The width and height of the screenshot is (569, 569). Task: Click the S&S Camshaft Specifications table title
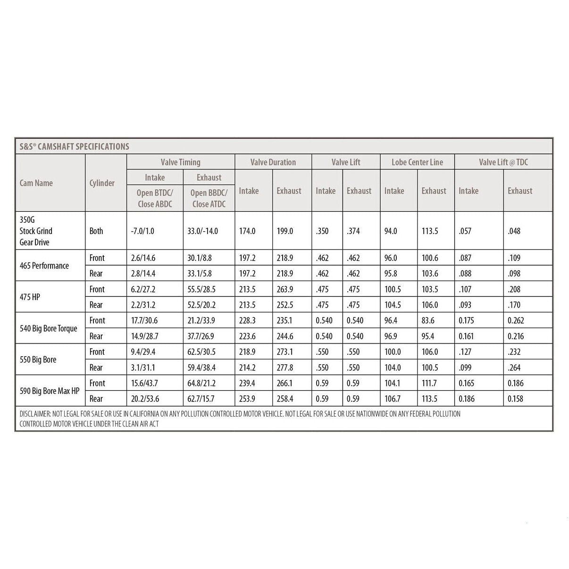pyautogui.click(x=74, y=146)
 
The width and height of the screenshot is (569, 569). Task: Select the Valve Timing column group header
pyautogui.click(x=180, y=162)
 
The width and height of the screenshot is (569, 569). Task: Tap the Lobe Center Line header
pyautogui.click(x=417, y=162)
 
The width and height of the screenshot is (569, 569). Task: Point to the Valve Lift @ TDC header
pyautogui.click(x=503, y=162)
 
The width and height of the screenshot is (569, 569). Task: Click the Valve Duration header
pyautogui.click(x=273, y=162)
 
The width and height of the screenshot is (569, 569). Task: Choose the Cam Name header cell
pyautogui.click(x=36, y=183)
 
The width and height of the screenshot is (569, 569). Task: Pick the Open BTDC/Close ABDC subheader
pyautogui.click(x=155, y=198)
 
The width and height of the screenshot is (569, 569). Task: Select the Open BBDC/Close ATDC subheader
pyautogui.click(x=209, y=198)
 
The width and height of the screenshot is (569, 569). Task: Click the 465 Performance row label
pyautogui.click(x=44, y=266)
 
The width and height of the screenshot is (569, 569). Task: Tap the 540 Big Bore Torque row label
pyautogui.click(x=48, y=328)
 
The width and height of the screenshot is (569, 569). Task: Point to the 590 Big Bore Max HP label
pyautogui.click(x=49, y=391)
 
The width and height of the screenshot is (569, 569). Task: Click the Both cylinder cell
pyautogui.click(x=96, y=231)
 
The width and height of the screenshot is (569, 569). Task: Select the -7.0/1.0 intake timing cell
pyautogui.click(x=142, y=231)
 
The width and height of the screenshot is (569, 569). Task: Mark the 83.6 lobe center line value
pyautogui.click(x=428, y=320)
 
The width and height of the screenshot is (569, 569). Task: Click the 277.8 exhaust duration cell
pyautogui.click(x=284, y=368)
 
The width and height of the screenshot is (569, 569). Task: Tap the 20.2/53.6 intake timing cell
pyautogui.click(x=145, y=399)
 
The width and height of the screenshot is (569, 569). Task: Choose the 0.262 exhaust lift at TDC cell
pyautogui.click(x=515, y=320)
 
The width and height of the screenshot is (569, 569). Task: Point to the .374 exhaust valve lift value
pyautogui.click(x=353, y=231)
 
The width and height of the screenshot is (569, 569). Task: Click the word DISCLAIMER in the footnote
pyautogui.click(x=35, y=414)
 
